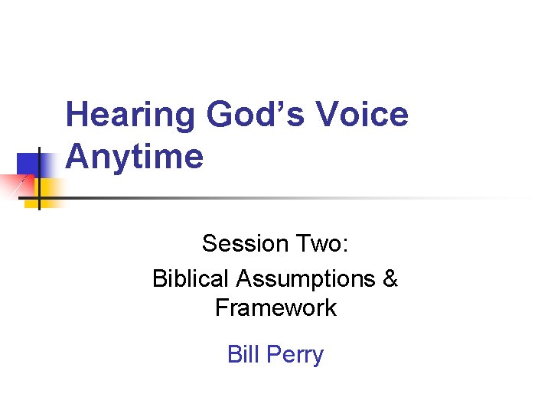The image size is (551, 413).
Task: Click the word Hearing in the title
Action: pyautogui.click(x=130, y=116)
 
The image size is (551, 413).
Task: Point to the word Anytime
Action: pyautogui.click(x=135, y=157)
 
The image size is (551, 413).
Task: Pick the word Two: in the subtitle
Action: pyautogui.click(x=321, y=244)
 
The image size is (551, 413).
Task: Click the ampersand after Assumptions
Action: pyautogui.click(x=390, y=278)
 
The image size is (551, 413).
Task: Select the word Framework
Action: pyautogui.click(x=275, y=308)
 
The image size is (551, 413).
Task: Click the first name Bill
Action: pyautogui.click(x=243, y=355)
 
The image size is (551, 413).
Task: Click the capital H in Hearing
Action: pyautogui.click(x=77, y=115)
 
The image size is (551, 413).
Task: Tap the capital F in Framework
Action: pyautogui.click(x=222, y=308)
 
